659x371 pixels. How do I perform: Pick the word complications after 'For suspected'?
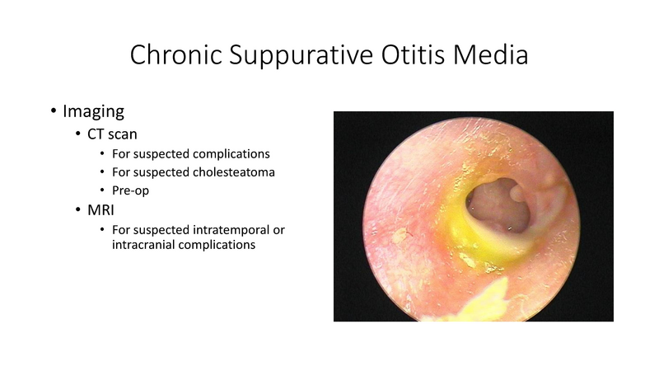pyautogui.click(x=233, y=154)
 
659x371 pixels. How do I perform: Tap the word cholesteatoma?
pyautogui.click(x=236, y=172)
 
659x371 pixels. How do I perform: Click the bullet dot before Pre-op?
pyautogui.click(x=101, y=190)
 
